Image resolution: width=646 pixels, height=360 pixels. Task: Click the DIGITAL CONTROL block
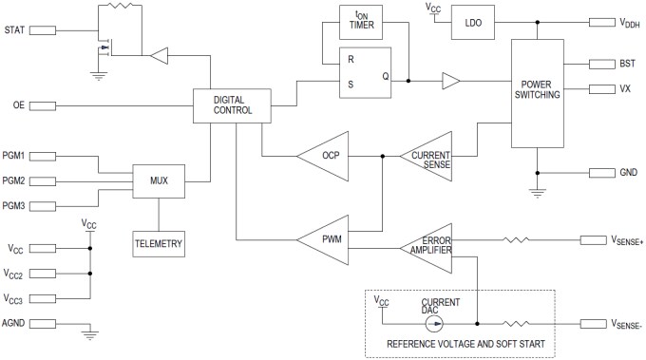[x=233, y=104]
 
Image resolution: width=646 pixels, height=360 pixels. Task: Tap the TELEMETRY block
[x=159, y=243]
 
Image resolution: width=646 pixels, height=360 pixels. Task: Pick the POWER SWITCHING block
[x=539, y=94]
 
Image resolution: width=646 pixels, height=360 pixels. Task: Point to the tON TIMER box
[x=359, y=22]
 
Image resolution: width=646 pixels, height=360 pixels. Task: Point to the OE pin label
[x=18, y=104]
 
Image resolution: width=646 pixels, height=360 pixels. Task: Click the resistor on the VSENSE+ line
[x=515, y=242]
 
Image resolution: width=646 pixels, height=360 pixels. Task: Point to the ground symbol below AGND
[x=89, y=333]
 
